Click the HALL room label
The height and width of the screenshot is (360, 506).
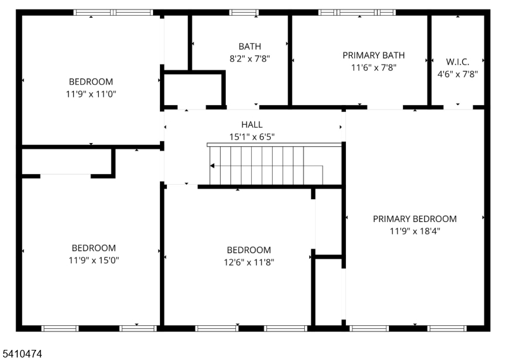[252, 125]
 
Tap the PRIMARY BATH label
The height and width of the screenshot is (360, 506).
[373, 56]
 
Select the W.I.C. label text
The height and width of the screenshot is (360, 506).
[457, 61]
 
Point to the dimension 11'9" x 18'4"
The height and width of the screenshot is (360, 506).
[415, 231]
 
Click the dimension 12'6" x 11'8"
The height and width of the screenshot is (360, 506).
[249, 262]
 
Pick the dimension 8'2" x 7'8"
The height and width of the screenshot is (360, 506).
[249, 59]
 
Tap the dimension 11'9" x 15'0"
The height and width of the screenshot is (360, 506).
[94, 260]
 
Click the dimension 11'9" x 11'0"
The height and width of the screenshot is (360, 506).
[91, 94]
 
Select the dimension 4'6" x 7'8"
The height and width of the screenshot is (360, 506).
[457, 74]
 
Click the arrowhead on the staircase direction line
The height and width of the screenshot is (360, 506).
[212, 166]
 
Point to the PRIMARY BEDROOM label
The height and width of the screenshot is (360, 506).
[415, 219]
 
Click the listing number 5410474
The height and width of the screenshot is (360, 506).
[22, 354]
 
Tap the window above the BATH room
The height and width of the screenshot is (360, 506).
[244, 13]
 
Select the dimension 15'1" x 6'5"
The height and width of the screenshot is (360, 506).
[252, 137]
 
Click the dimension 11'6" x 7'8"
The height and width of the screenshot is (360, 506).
[373, 68]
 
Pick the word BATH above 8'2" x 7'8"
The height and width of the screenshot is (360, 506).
[249, 46]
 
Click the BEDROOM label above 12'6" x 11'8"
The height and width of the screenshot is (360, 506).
[249, 250]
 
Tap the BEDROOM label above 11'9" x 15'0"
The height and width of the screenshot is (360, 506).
[94, 248]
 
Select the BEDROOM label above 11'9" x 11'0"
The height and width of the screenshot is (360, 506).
[91, 82]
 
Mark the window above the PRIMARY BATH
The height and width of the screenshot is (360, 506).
[357, 13]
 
